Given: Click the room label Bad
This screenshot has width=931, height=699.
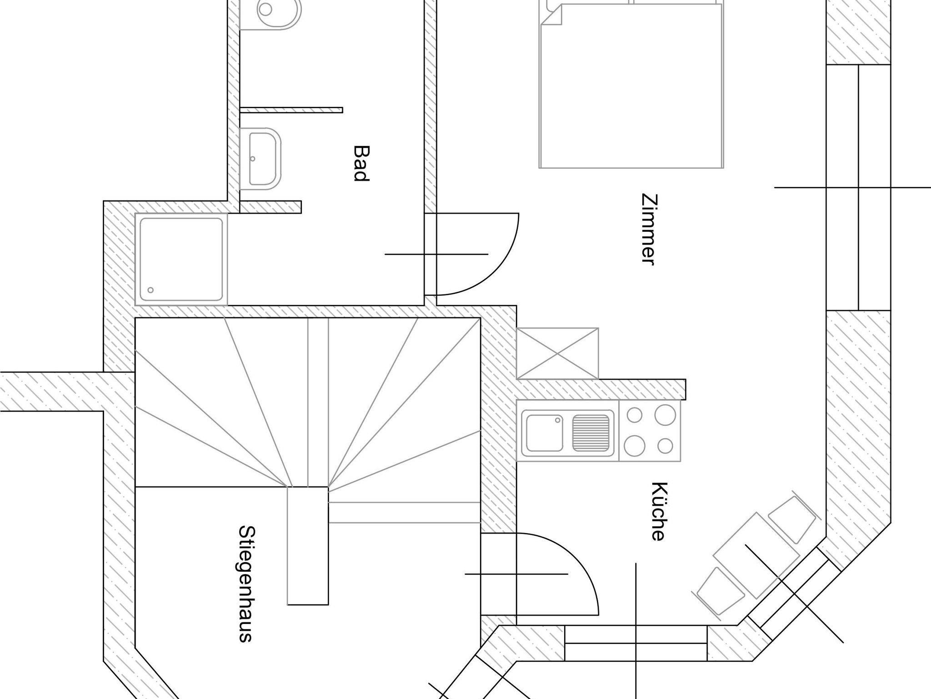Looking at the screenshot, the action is pos(360,164).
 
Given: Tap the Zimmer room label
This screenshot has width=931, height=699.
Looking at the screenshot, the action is pos(647,230).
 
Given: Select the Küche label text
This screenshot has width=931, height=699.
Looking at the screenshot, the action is pos(658,511).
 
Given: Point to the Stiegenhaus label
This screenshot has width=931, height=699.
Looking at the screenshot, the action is pos(246,584).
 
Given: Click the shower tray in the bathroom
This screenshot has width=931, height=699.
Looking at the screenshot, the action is pos(181,259).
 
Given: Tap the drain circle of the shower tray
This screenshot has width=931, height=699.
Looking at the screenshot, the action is pos(150,290).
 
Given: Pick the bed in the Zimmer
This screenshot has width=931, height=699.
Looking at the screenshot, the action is pos(631,84).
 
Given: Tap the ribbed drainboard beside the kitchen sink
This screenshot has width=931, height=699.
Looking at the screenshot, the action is pos(591,433).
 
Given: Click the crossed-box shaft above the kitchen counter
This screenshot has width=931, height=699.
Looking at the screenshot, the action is pos(558,353).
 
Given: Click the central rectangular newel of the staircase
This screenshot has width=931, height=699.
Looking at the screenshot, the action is pos(308,545).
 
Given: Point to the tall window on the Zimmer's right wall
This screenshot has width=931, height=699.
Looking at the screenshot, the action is pos(858,187).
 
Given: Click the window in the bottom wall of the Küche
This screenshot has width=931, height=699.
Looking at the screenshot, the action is pos(636,643).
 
